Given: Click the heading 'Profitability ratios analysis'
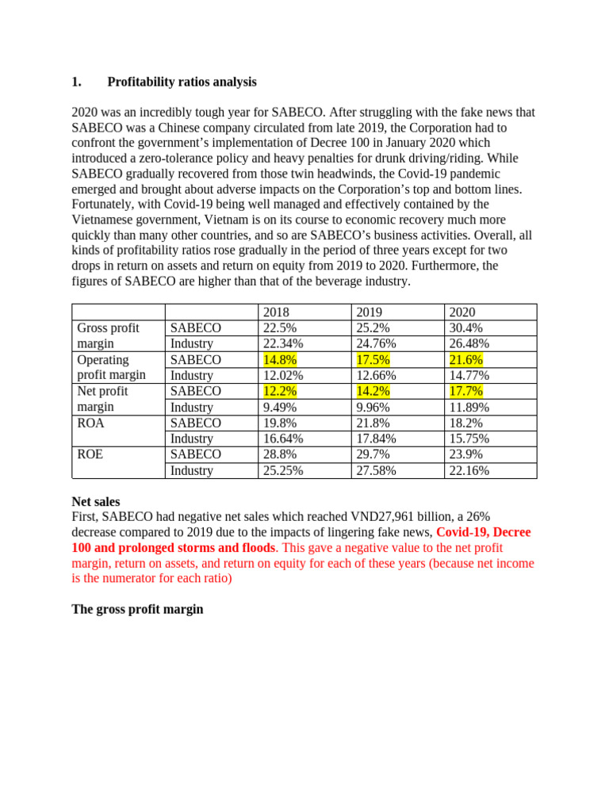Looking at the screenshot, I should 182,82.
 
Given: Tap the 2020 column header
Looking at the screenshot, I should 462,312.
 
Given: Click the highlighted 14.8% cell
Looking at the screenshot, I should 280,360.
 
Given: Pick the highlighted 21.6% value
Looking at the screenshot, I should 466,360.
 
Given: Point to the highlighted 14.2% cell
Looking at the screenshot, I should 373,391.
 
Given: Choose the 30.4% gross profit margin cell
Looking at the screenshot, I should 466,328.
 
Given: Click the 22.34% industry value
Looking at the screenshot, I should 282,343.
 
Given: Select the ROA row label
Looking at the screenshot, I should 91,423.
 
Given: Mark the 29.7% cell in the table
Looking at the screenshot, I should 373,454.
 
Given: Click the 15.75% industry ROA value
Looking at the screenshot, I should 469,439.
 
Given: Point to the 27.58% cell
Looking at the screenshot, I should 376,470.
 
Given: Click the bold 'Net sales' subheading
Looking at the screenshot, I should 96,501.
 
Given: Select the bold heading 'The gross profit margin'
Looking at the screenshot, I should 137,610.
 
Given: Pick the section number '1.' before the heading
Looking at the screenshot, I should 77,82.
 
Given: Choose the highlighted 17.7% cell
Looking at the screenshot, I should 466,391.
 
